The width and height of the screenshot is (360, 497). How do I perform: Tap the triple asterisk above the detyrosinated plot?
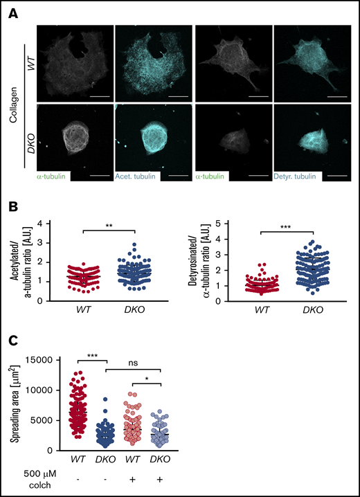coord(284,226)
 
